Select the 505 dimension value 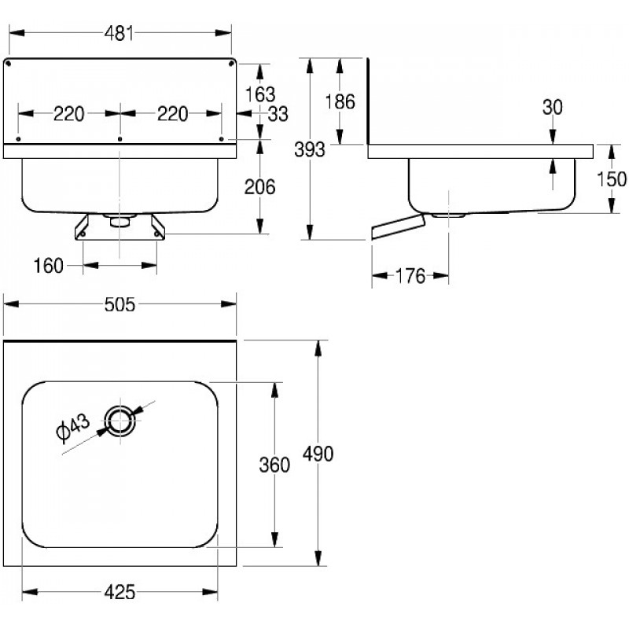[120, 303]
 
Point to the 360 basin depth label [274, 465]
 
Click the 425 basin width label [119, 591]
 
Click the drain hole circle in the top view [122, 420]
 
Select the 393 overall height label [308, 149]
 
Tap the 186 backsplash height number [340, 101]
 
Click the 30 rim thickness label [553, 108]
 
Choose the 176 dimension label [409, 276]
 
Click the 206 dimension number [259, 187]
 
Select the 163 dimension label [259, 94]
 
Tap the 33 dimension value [277, 114]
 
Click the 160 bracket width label [49, 267]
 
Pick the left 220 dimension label [68, 114]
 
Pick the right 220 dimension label [172, 114]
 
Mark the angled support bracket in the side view [397, 227]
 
